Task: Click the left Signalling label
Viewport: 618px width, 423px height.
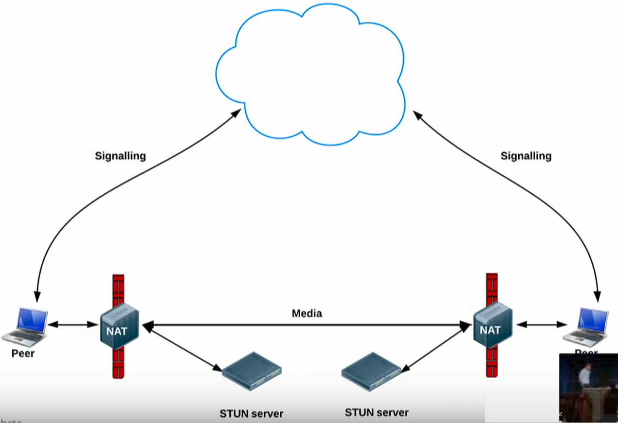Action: pos(120,156)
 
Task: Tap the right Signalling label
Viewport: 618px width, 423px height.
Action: pos(526,156)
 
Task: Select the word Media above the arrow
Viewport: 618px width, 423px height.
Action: pos(307,313)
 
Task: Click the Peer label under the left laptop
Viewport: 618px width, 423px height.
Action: pos(23,353)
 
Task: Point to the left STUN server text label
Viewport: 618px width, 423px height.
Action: pos(251,414)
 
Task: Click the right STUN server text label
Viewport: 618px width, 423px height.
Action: pos(377,413)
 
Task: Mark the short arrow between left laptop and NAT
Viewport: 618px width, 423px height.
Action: pos(73,324)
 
